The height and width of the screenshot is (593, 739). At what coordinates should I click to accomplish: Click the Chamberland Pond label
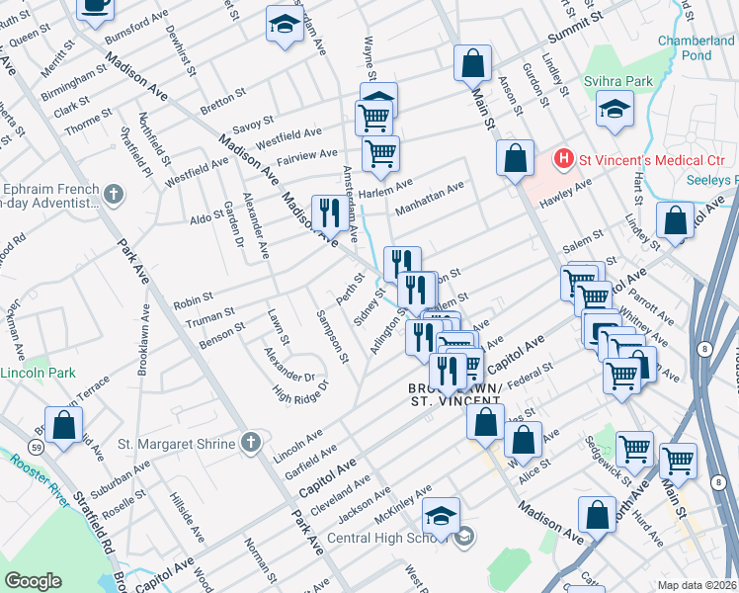(x=698, y=47)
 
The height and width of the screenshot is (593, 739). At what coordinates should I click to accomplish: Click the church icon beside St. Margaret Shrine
(x=252, y=444)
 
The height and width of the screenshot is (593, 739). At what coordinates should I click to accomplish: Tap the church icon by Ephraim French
(x=114, y=194)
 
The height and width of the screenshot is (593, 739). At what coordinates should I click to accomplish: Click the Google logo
(x=34, y=581)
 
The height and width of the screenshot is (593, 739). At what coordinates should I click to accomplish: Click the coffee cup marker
(x=95, y=6)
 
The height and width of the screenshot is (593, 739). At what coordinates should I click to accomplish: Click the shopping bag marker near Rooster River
(x=63, y=427)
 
